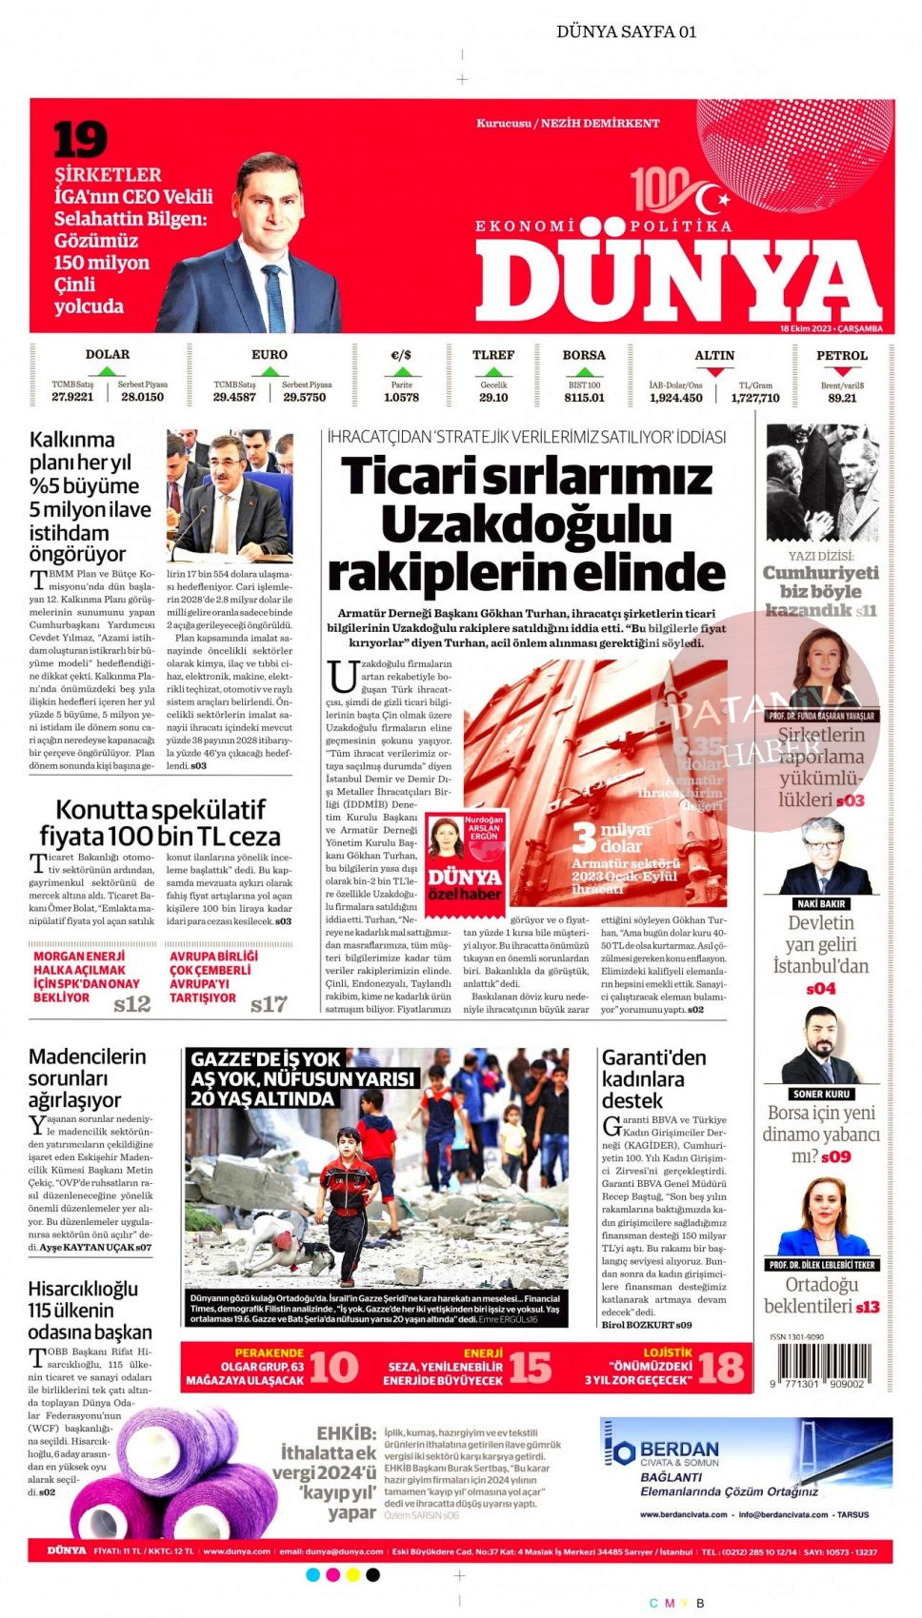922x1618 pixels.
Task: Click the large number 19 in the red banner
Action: [x=80, y=140]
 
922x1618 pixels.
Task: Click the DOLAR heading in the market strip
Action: [x=108, y=354]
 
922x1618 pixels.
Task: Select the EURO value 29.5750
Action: [x=305, y=397]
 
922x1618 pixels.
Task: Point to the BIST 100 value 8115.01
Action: [x=584, y=397]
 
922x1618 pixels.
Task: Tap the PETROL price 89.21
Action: [x=842, y=398]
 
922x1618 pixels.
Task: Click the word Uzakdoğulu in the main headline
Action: [x=526, y=524]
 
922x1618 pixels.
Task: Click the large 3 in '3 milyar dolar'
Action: [x=584, y=838]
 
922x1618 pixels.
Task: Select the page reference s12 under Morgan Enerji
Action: [x=132, y=1003]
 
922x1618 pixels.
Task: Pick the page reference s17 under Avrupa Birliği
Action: [x=269, y=1003]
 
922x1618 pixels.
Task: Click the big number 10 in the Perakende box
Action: [x=333, y=1367]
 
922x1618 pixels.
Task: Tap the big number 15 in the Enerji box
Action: [x=530, y=1367]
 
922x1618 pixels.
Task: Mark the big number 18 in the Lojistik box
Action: [x=720, y=1367]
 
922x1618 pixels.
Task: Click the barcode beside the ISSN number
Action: [x=821, y=1363]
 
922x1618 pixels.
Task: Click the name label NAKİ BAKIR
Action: [x=821, y=903]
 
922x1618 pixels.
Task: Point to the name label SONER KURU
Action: [x=821, y=1094]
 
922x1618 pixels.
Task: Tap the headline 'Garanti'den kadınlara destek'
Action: [x=654, y=1078]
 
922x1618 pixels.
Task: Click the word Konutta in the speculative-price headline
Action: [x=101, y=810]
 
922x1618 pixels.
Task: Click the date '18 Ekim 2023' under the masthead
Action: [x=806, y=328]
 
